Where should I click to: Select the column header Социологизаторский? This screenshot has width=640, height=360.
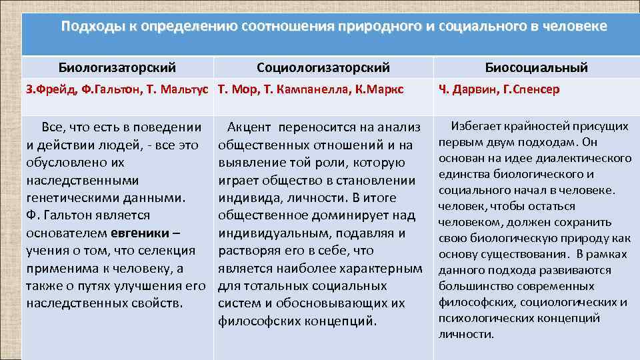pos(323,67)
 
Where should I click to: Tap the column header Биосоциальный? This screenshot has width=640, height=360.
pos(536,67)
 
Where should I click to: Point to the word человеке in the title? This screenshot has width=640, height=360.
pos(575,27)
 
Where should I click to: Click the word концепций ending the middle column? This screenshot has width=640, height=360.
pos(339,320)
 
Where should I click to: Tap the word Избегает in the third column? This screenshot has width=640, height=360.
pos(475,125)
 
